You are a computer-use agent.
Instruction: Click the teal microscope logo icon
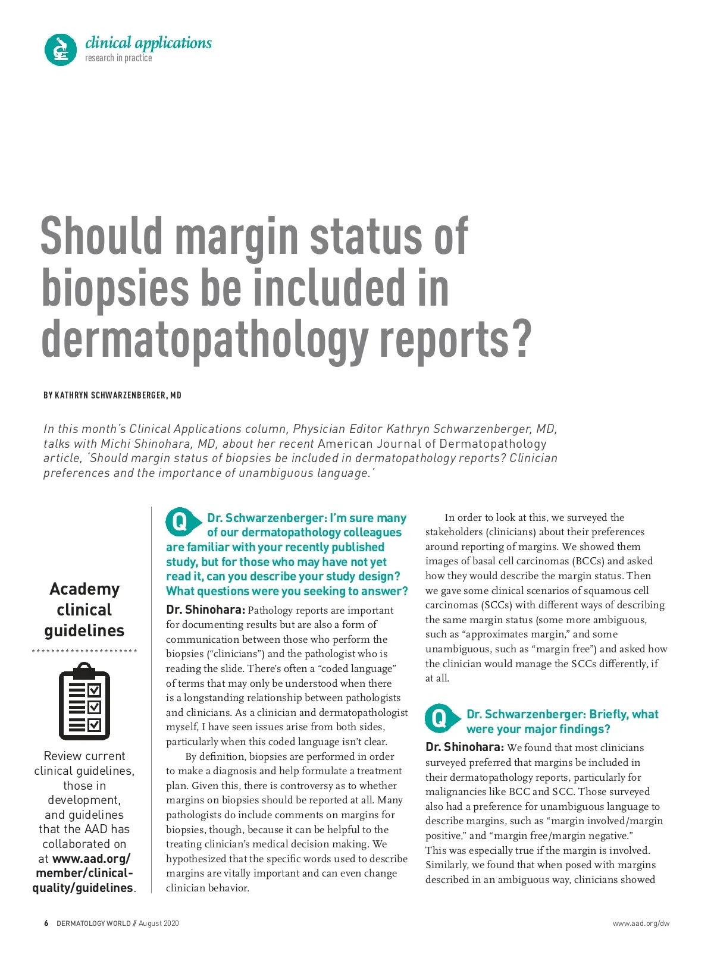tap(61, 49)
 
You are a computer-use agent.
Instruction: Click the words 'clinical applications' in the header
tap(148, 43)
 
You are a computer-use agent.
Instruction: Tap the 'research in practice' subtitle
tap(118, 58)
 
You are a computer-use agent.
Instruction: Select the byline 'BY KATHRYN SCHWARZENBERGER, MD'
tap(112, 395)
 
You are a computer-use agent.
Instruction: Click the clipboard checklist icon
tap(84, 701)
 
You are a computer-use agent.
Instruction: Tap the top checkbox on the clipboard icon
tap(95, 690)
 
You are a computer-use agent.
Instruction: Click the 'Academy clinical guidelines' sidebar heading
tap(84, 610)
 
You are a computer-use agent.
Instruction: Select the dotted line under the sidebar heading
tap(84, 651)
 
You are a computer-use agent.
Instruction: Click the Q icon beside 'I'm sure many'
tap(180, 522)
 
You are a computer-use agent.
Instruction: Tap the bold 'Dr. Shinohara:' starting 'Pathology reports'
tap(205, 610)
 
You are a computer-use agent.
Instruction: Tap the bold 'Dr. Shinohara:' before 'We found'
tap(465, 747)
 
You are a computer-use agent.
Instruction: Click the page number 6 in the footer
tap(46, 923)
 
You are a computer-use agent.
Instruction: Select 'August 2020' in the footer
tap(159, 923)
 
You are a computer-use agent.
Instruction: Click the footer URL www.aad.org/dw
tap(641, 923)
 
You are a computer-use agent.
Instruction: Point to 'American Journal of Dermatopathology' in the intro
tap(432, 444)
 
